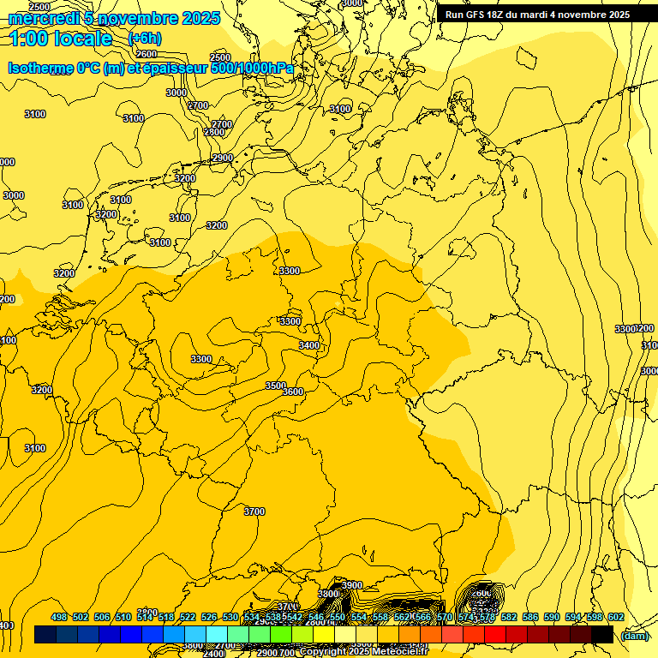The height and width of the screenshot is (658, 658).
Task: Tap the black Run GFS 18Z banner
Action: [x=537, y=15]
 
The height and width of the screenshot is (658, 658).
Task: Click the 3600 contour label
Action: [x=293, y=392]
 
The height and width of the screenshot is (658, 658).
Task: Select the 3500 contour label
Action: [x=275, y=386]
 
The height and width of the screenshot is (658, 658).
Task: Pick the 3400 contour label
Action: [x=309, y=345]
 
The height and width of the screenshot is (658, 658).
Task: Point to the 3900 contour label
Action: [x=351, y=585]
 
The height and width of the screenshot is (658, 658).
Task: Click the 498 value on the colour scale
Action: [x=59, y=617]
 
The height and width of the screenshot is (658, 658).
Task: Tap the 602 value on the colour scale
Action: [x=616, y=617]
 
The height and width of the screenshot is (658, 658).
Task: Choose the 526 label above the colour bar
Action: [x=209, y=617]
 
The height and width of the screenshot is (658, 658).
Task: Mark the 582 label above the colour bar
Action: [x=509, y=617]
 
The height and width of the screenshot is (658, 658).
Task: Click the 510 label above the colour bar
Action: [x=123, y=617]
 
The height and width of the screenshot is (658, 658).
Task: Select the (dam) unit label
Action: [x=635, y=635]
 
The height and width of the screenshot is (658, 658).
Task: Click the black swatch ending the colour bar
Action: [x=602, y=635]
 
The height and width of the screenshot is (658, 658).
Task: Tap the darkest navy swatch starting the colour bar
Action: [x=45, y=635]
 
